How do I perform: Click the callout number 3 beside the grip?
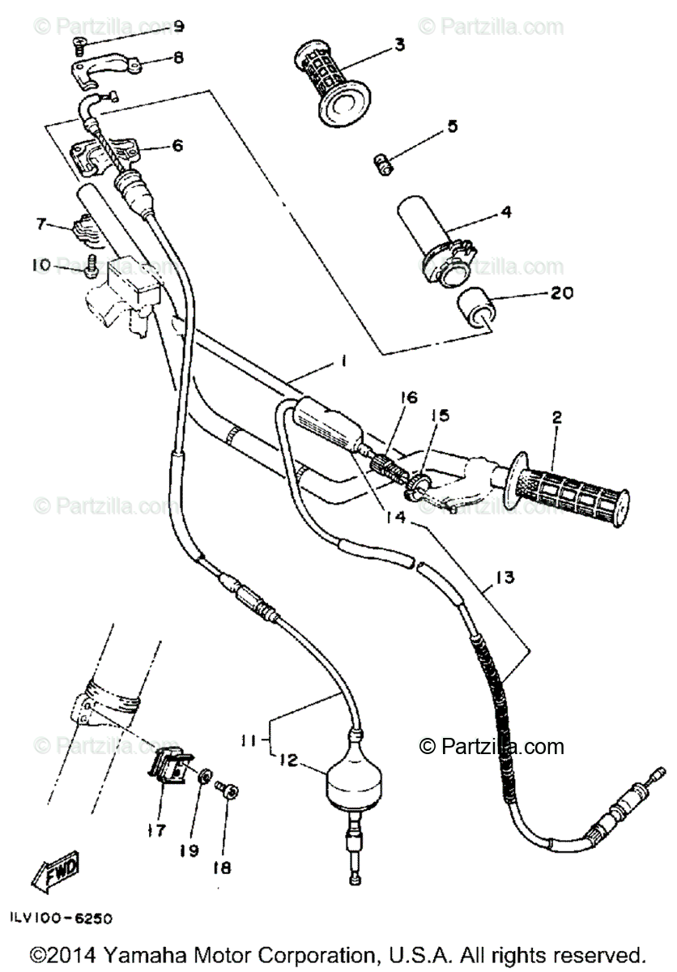click(399, 45)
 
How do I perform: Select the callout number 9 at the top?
click(178, 27)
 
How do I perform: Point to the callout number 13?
click(504, 578)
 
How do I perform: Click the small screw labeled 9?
click(79, 46)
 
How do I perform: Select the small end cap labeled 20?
click(478, 312)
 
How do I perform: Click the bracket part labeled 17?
click(172, 765)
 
